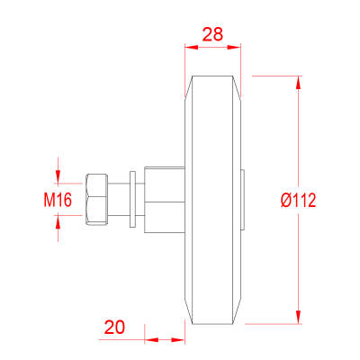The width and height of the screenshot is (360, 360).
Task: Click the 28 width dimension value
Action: (213, 36)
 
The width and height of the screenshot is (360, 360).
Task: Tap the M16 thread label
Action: (58, 199)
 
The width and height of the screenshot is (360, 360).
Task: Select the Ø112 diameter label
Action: (299, 199)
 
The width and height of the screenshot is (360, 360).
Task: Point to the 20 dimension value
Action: (114, 328)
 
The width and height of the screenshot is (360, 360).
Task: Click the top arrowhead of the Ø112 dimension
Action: (297, 82)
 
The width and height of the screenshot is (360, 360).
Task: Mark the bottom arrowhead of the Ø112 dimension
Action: (297, 316)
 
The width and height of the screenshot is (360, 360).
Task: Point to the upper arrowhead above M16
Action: (58, 172)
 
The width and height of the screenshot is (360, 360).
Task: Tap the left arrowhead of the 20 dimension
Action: (150, 340)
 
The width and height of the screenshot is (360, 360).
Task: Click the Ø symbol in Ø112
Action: (285, 199)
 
